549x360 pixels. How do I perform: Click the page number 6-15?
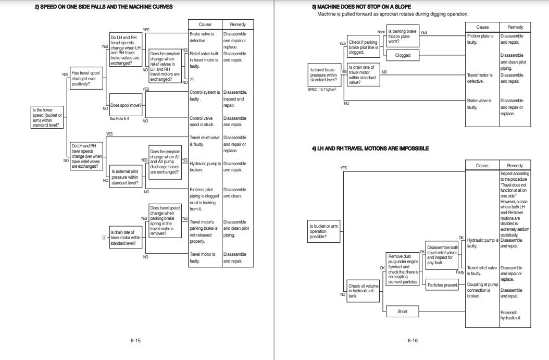tap(135, 341)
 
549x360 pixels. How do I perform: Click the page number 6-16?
tap(413, 341)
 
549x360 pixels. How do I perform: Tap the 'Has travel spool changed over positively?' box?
tap(86, 79)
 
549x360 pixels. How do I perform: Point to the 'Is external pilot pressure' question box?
tap(126, 177)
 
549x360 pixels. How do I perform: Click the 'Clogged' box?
tap(403, 55)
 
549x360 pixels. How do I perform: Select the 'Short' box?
tap(403, 312)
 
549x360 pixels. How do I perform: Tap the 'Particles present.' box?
tap(442, 285)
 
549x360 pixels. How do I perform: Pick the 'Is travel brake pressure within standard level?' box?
tap(323, 76)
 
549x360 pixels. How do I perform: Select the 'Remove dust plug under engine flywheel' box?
tap(403, 269)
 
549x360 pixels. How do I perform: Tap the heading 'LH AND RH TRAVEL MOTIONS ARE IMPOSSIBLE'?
tap(370, 148)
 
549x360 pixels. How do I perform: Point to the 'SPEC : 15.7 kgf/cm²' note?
tap(322, 89)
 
